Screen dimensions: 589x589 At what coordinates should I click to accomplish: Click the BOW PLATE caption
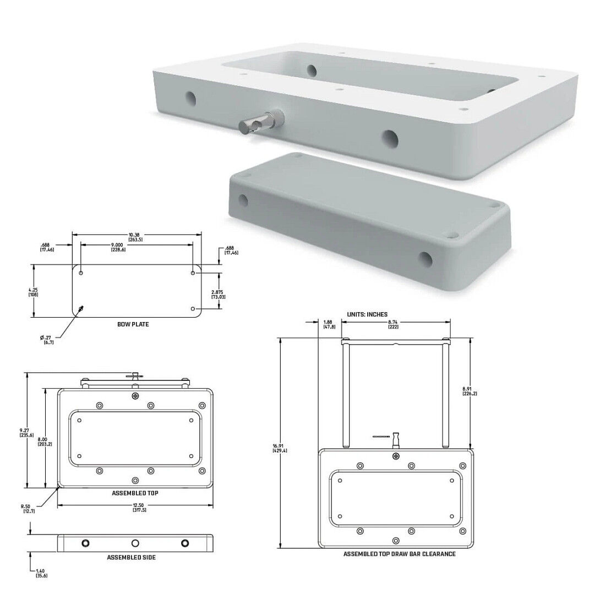point(133,324)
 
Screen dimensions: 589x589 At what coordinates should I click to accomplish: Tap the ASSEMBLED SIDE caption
point(131,558)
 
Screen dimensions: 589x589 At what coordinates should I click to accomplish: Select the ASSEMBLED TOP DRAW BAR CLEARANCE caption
point(399,554)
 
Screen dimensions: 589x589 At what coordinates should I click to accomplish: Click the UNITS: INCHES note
point(367,314)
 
